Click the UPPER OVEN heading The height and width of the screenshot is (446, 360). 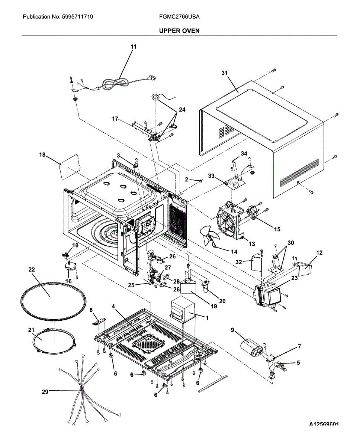click(179, 31)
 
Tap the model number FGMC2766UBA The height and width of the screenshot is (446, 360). click(179, 17)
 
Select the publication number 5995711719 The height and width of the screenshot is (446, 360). click(78, 17)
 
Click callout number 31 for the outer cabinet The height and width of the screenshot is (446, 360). click(225, 73)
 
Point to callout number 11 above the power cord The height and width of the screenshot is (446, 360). click(134, 47)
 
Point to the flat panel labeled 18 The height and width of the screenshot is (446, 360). click(70, 167)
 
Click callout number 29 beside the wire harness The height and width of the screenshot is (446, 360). click(45, 391)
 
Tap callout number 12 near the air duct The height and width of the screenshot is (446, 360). click(319, 253)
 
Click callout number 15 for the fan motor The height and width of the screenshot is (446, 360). click(277, 229)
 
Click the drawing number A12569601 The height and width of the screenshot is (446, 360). click(324, 424)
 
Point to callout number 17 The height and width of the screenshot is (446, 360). click(115, 119)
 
